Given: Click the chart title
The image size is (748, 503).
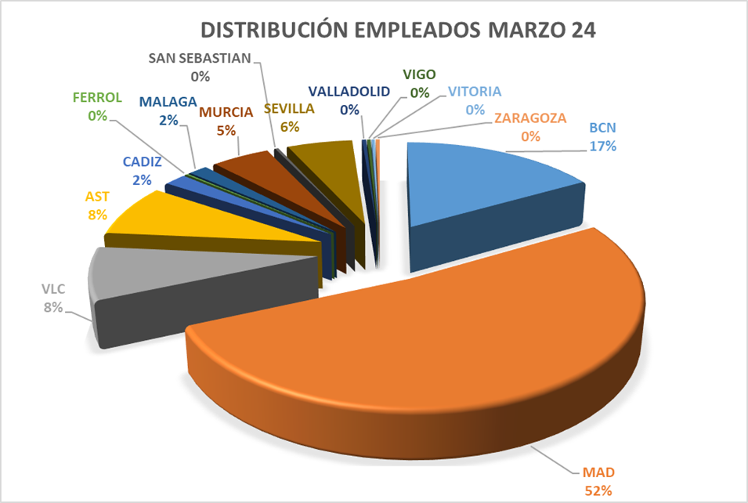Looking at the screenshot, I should tap(399, 30).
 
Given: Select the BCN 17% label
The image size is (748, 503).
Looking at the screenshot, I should tap(603, 137).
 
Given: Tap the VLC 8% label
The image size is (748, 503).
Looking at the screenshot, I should tap(53, 298).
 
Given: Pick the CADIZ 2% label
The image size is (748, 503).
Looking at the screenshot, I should tap(142, 171).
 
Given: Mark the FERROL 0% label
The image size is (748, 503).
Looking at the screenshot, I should tap(97, 107).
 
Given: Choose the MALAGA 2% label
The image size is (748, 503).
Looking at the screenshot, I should tap(168, 110).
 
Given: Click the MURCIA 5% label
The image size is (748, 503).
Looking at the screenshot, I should tap(226, 121).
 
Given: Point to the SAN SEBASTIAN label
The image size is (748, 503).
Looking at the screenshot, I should tap(199, 67).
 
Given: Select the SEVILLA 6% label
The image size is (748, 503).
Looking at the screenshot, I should tap(289, 117).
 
